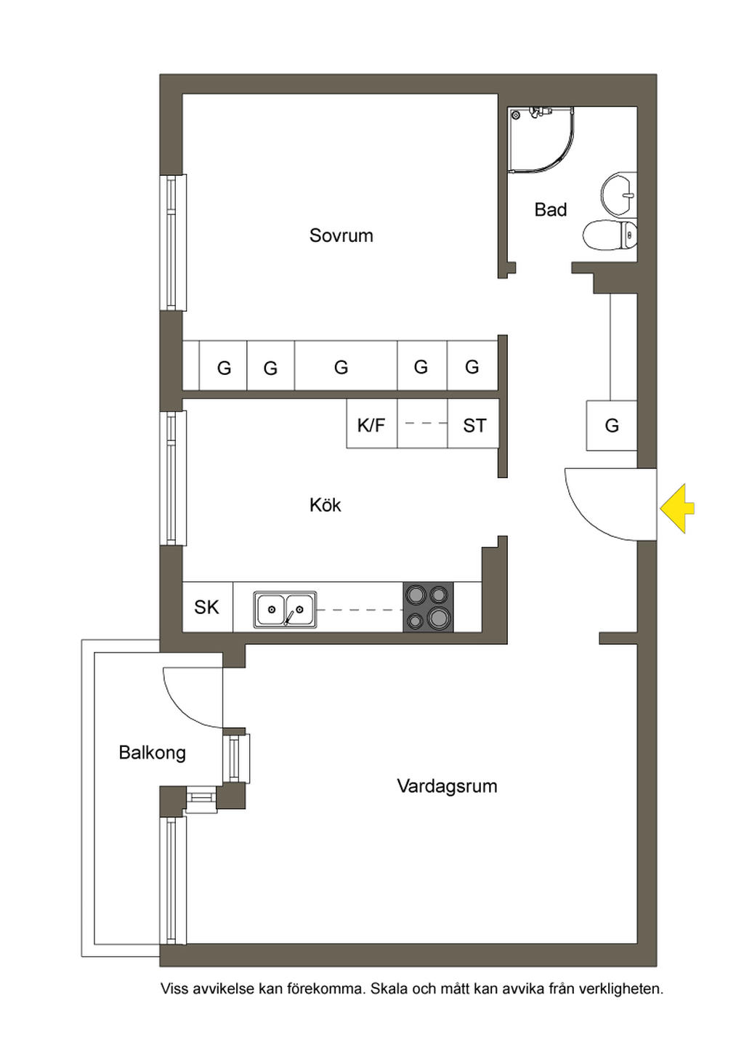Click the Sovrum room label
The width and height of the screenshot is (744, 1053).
[x=341, y=235]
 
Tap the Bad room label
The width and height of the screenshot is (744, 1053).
[x=550, y=209]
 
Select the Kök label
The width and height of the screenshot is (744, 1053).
[x=325, y=504]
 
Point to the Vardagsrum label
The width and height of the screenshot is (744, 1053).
[x=447, y=786]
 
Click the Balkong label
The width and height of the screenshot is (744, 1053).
[x=153, y=752]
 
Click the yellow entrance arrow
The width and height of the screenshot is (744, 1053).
[x=676, y=508]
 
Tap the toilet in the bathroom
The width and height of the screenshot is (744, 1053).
[x=610, y=234]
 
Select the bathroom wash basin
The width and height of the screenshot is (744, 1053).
[x=618, y=194]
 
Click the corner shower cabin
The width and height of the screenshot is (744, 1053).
[x=541, y=140]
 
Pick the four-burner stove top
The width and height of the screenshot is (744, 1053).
[x=428, y=606]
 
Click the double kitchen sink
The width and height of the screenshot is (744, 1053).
[x=285, y=610]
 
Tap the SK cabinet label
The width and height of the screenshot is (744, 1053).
[x=206, y=607]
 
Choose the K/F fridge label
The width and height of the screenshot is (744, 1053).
[x=371, y=425]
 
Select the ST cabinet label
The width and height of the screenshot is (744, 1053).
[x=474, y=425]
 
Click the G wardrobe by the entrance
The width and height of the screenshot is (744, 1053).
[x=612, y=425]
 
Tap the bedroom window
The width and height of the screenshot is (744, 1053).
[x=174, y=242]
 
